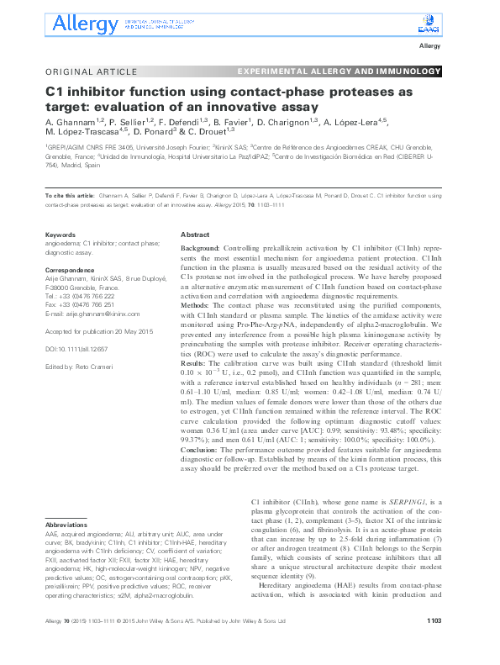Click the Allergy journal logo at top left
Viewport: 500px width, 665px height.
tap(84, 23)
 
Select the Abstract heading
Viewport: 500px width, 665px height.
tap(196, 236)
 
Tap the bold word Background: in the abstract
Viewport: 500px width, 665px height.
tap(201, 250)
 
